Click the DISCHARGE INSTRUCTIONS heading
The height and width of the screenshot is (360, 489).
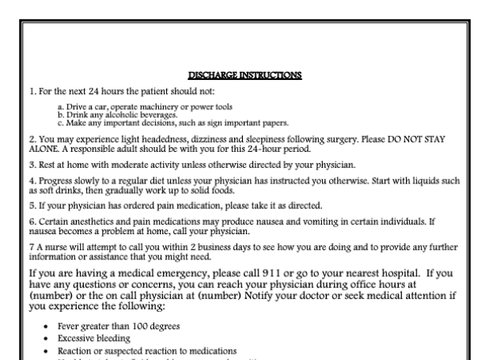[245, 76]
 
